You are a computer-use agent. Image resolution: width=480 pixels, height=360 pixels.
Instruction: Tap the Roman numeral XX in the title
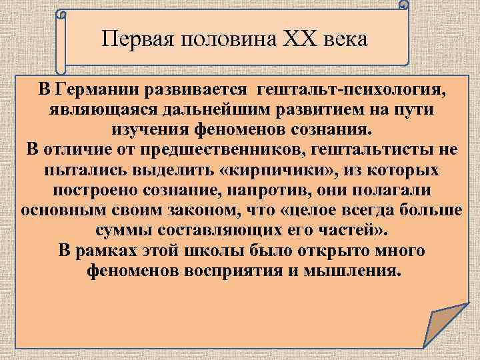(x=287, y=39)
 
